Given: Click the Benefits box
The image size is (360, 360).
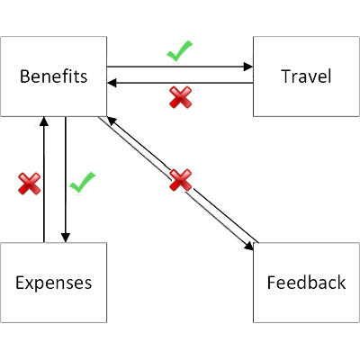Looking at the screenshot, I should coord(54,76).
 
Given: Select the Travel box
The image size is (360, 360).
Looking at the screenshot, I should coord(306,76).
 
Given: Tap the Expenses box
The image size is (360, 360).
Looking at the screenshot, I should coord(54,283).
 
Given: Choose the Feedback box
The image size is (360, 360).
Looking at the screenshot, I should coord(306,283).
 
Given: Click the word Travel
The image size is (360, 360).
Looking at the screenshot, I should coord(306,76).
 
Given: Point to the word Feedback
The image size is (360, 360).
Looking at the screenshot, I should coord(306,283).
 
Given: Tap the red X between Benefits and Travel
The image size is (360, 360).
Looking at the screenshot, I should coord(181,97).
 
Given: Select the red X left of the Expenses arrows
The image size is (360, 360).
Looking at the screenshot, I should coord(30,184).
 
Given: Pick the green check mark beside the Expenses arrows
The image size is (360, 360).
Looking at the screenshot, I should coord(82,184).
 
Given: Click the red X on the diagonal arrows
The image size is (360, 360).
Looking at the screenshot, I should coord(181,181).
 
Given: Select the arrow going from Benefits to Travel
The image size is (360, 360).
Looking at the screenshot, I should coord(180,67).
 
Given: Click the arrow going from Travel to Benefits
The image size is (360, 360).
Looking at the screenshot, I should coord(180,83).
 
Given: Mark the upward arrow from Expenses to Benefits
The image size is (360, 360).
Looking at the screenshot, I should coord(43,180).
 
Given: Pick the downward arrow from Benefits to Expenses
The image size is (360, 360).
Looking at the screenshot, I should coord(65,180).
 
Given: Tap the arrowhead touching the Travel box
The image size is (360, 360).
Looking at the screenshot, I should coord(247,67).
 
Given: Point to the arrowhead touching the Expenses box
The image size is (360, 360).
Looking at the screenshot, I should coord(65,238).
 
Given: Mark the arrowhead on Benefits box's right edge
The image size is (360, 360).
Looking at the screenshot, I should coord(112,83).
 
